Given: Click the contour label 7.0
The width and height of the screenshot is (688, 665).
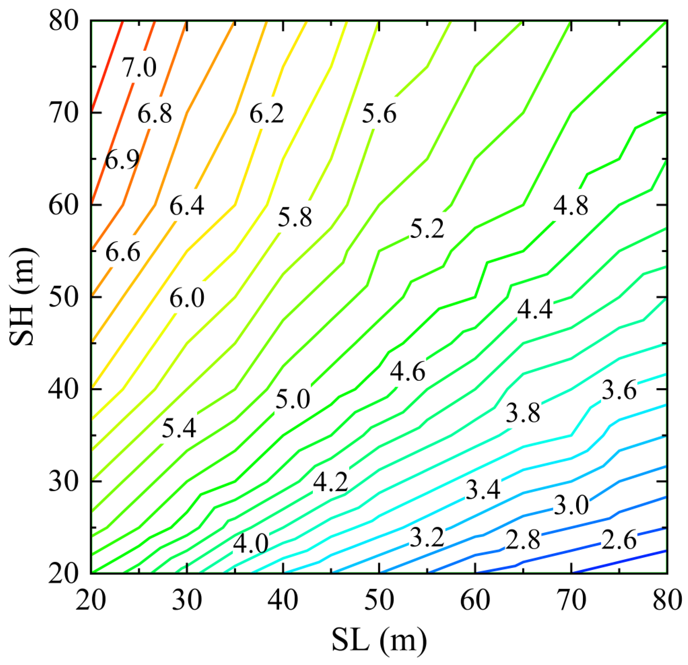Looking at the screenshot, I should tap(139, 67).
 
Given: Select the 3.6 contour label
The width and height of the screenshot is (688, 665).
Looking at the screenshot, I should tap(619, 391).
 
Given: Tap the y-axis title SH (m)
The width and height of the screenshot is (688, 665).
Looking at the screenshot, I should tap(22, 297).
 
